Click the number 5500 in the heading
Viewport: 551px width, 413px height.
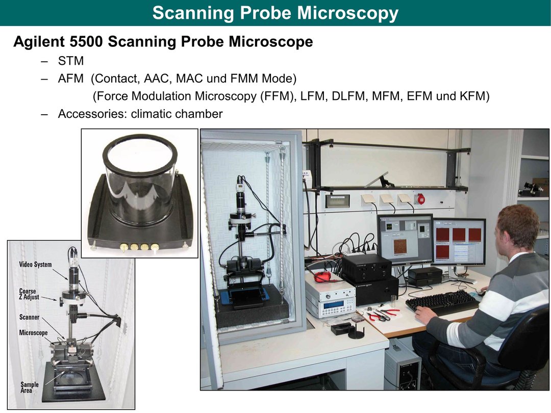[86, 42]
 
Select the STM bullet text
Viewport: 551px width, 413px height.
[71, 61]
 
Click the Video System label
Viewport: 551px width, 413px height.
[35, 265]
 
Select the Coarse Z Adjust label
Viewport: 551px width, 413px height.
[29, 294]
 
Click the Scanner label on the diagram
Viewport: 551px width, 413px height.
[29, 317]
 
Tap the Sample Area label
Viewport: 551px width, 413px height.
[29, 388]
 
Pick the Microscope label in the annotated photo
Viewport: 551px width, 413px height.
[33, 332]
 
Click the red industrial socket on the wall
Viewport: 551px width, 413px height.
[420, 199]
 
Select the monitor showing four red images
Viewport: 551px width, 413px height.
[459, 242]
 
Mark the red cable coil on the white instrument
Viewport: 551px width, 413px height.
[325, 276]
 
